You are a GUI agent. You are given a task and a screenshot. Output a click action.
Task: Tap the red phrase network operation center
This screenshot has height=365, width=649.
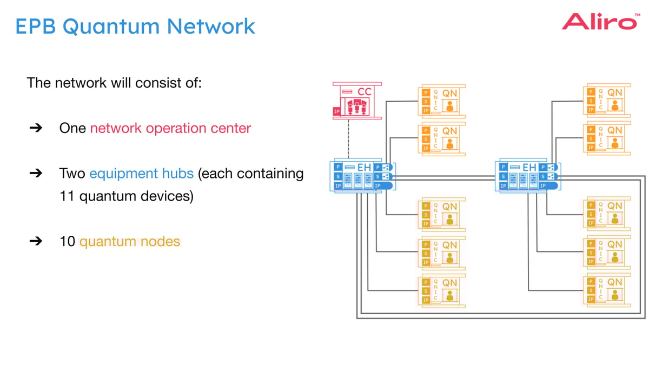(x=170, y=129)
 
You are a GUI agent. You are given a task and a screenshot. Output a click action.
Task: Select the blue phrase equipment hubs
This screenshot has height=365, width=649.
(x=141, y=174)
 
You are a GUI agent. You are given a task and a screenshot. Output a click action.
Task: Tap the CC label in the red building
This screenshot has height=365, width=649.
(x=365, y=92)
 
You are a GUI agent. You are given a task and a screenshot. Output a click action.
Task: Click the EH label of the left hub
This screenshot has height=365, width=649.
(x=364, y=168)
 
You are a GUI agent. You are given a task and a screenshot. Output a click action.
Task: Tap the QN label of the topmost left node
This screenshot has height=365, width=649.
(x=449, y=93)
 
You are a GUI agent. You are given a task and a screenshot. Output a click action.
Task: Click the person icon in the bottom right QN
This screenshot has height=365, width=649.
(x=614, y=295)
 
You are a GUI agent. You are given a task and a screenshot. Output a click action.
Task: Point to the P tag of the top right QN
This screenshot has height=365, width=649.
(x=591, y=92)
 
